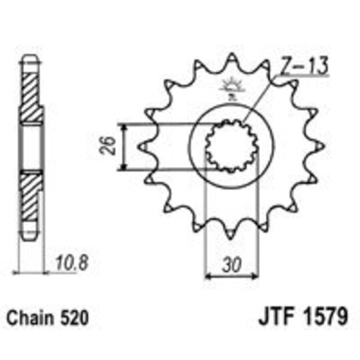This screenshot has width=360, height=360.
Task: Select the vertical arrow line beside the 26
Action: coord(126,146)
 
